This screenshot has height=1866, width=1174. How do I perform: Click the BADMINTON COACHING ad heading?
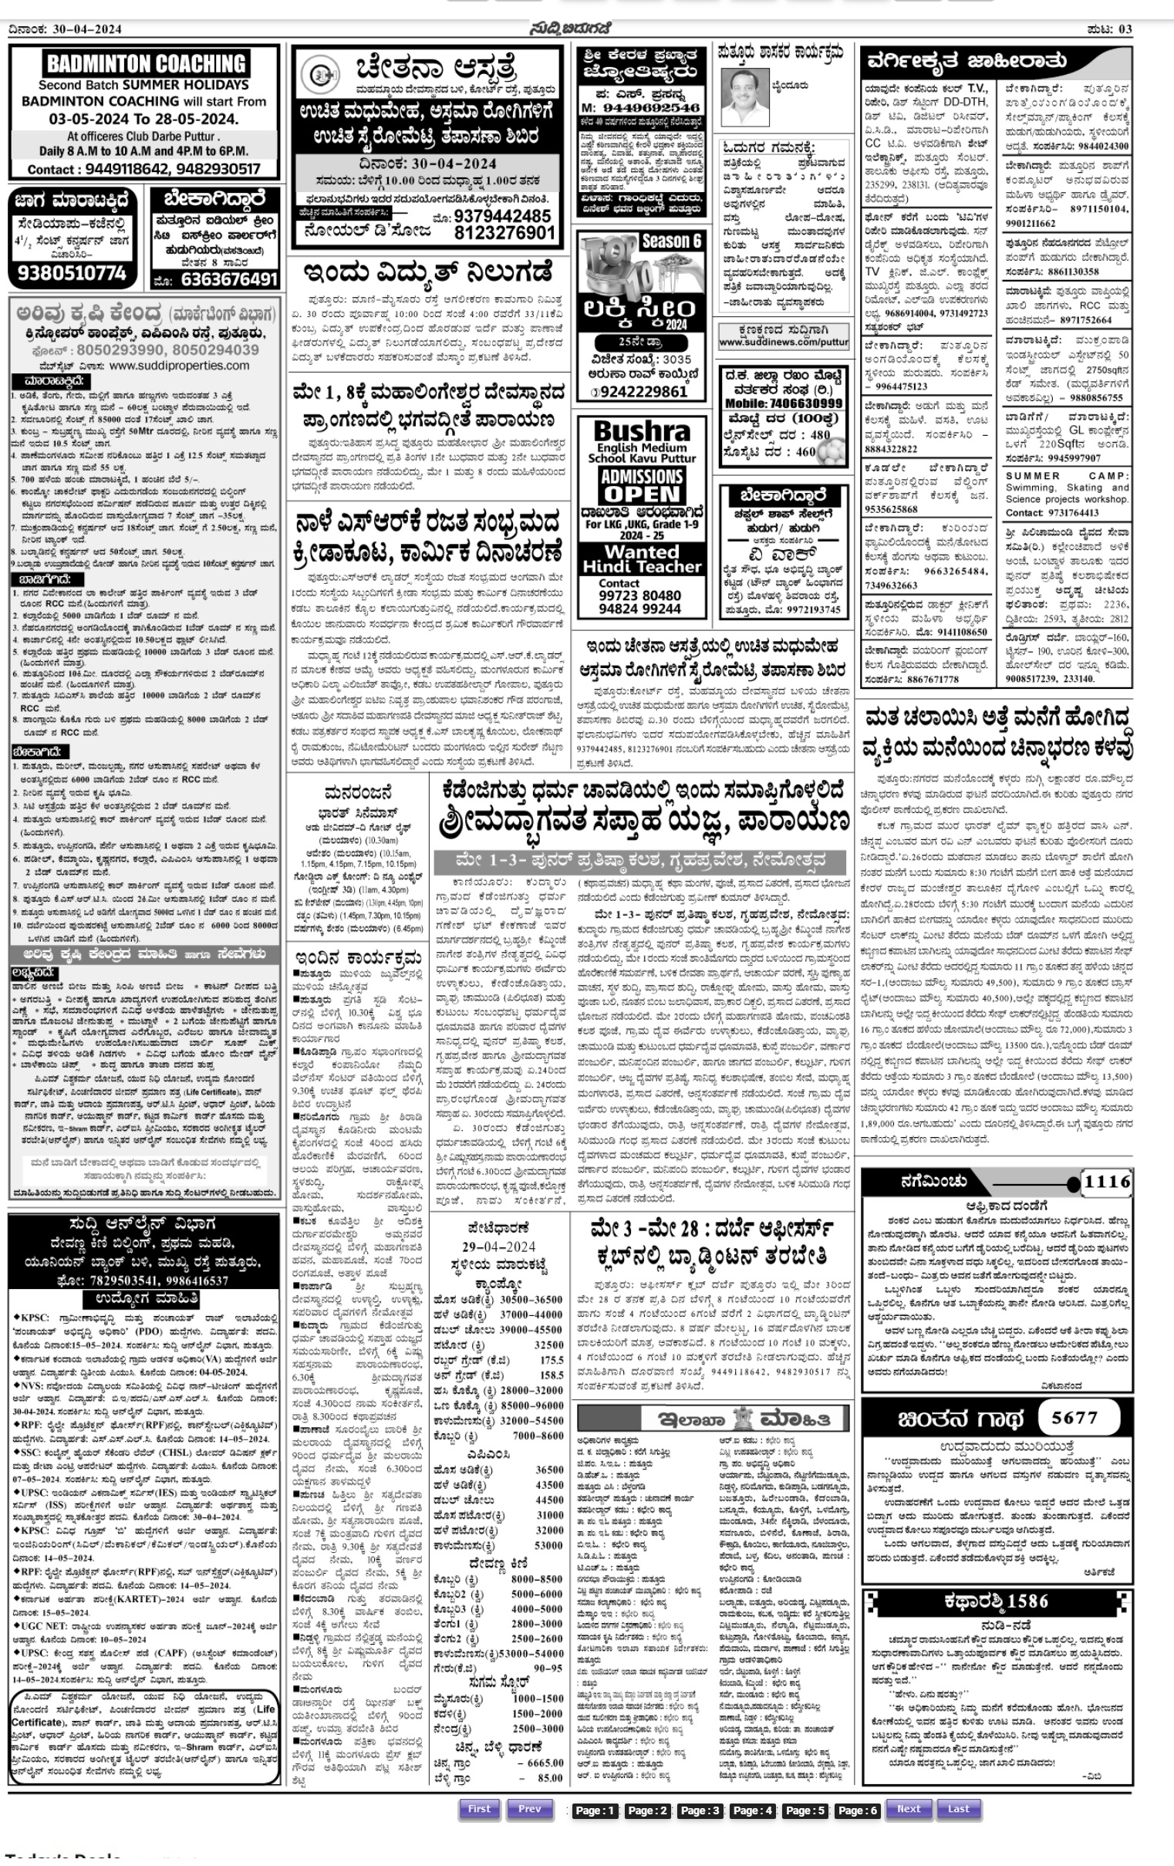point(146,63)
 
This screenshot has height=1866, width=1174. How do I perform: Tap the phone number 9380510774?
point(71,273)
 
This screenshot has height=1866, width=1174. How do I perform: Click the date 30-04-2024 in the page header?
point(87,29)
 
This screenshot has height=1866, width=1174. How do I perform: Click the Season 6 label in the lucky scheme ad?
point(671,241)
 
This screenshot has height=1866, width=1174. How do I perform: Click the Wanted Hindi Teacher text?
point(642,558)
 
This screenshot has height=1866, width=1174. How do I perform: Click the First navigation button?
point(479,1809)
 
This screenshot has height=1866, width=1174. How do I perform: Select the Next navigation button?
point(908,1809)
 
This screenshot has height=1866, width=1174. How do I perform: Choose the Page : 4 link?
point(752,1810)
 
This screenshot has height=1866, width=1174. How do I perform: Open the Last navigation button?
point(958,1809)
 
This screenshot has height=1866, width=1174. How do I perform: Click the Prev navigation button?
point(529,1809)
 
